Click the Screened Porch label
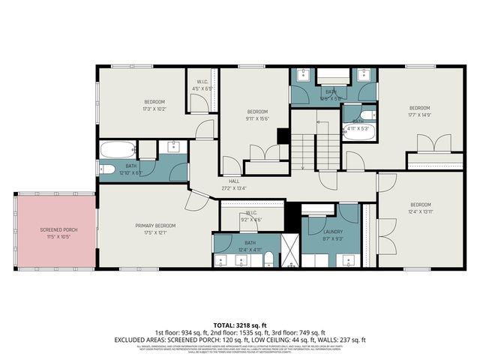[x=53, y=229]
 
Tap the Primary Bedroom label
[x=155, y=226]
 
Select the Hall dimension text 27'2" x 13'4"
[x=235, y=189]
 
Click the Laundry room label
[x=332, y=232]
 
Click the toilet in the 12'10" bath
[x=106, y=169]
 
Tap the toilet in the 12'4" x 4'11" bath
[x=268, y=259]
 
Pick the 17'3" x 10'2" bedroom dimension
[x=154, y=109]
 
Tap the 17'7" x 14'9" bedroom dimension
[x=419, y=115]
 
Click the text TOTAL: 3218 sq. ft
[x=239, y=325]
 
